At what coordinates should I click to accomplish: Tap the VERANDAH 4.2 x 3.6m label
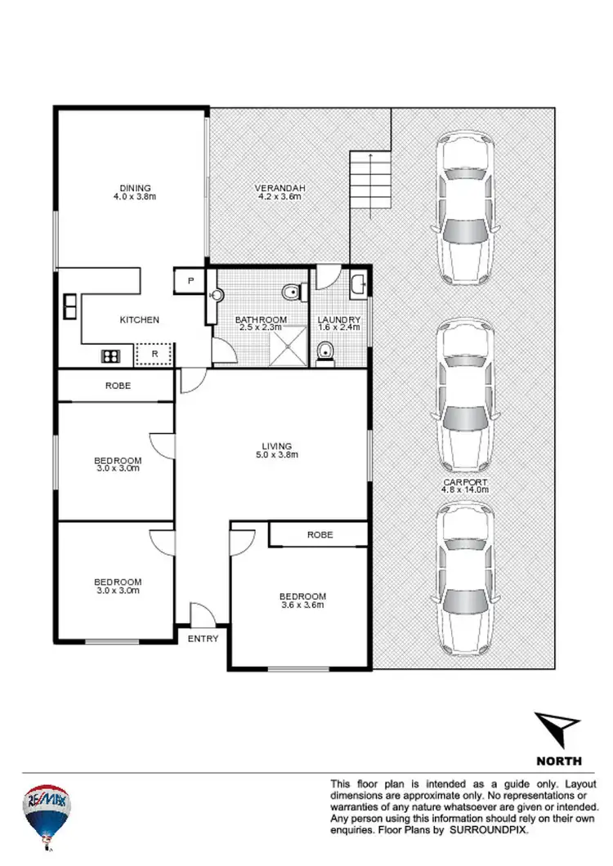coord(280,193)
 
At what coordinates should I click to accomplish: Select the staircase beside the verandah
coord(370,184)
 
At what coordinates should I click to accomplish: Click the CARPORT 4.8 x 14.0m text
coord(464,486)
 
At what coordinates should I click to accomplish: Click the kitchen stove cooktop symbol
coord(110,355)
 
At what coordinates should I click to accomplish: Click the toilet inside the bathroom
coord(292,290)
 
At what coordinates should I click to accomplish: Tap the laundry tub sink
coord(359,285)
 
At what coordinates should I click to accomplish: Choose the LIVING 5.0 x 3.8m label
coord(272,450)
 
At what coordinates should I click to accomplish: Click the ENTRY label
coord(203,638)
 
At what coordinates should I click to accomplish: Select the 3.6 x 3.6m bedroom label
coord(302,600)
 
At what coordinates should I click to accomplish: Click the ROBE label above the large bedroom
coord(320,534)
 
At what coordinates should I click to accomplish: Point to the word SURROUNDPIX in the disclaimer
coord(490,829)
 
